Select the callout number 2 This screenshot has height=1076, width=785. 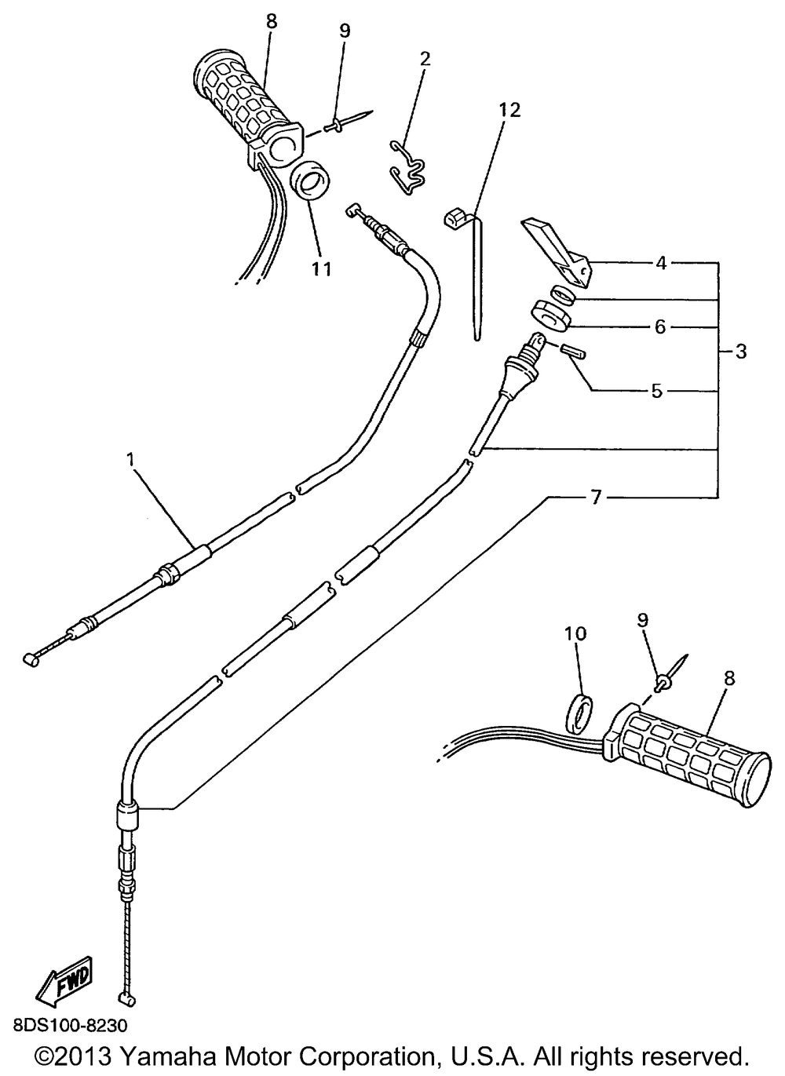tap(425, 59)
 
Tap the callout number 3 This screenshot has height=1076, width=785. tap(740, 352)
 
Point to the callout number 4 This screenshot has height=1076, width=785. tap(661, 264)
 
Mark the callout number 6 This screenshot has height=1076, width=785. tap(659, 326)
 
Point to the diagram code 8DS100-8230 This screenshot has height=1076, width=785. tap(69, 1025)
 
